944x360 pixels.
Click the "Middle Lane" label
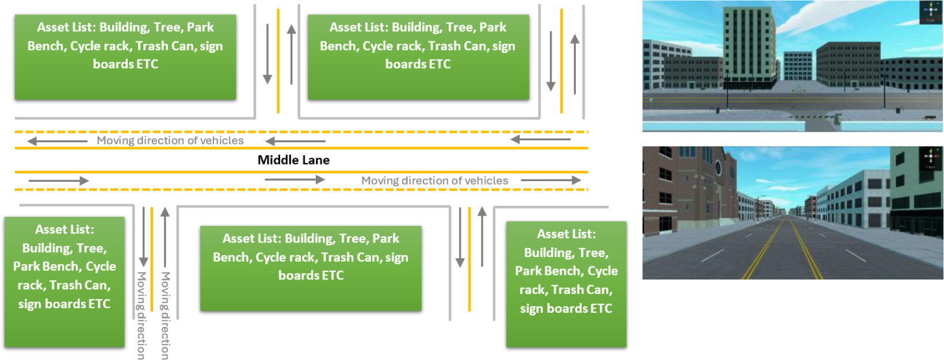(293, 160)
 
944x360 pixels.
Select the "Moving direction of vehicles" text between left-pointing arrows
(170, 141)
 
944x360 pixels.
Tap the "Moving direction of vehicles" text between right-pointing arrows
(434, 181)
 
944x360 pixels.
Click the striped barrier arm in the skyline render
(812, 116)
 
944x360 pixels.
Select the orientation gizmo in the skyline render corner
(931, 11)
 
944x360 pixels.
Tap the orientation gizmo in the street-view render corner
(930, 158)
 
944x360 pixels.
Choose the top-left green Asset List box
(125, 58)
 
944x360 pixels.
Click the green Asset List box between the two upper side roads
(418, 58)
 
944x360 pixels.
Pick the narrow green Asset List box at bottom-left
(64, 282)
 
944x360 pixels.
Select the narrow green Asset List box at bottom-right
(566, 284)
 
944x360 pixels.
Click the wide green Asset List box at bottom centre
(311, 269)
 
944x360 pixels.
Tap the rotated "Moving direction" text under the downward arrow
(141, 315)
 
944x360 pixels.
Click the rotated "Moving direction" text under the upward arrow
(165, 315)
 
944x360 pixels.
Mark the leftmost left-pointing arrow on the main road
(58, 141)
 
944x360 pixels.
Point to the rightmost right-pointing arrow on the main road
(551, 180)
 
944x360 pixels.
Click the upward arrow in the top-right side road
(575, 64)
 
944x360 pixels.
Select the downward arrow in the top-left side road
(267, 54)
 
